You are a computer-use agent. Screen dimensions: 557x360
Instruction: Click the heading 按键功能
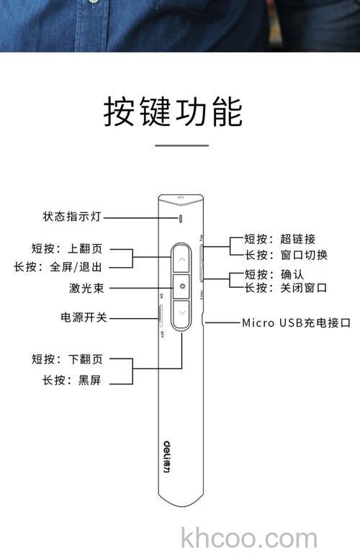pyautogui.click(x=174, y=112)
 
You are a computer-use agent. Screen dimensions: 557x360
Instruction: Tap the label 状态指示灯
pyautogui.click(x=75, y=217)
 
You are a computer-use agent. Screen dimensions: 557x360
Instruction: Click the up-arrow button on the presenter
pyautogui.click(x=182, y=260)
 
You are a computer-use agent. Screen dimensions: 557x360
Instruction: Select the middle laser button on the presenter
pyautogui.click(x=182, y=286)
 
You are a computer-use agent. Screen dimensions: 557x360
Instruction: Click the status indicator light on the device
pyautogui.click(x=181, y=217)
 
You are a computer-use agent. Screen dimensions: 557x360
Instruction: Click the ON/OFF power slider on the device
pyautogui.click(x=160, y=316)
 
